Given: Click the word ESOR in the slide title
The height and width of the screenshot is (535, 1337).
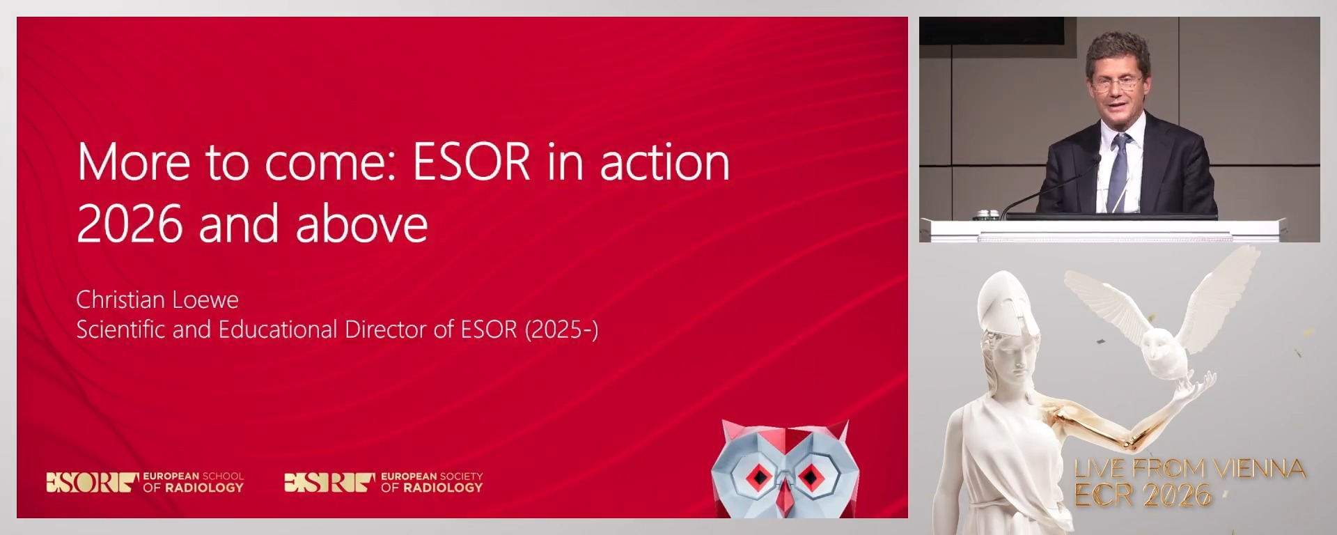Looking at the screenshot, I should (x=472, y=162).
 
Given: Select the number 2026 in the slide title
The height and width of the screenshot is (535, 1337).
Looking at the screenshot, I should (x=130, y=224).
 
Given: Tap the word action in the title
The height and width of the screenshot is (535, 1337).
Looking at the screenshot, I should (x=664, y=162).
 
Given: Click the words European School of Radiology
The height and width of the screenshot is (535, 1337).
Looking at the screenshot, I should (x=193, y=482).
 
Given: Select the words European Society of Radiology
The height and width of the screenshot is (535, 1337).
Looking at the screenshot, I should (x=431, y=482).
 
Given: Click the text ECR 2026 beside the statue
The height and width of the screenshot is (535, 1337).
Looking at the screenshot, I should (x=1142, y=495).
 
